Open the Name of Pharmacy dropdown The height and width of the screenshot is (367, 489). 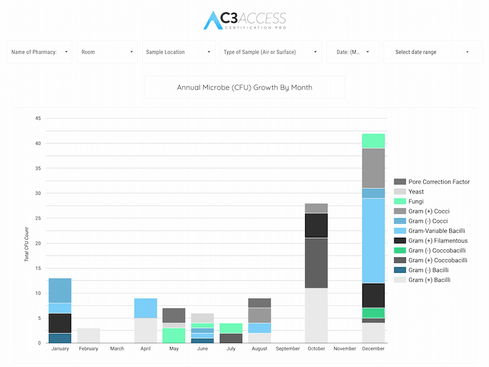click(x=40, y=52)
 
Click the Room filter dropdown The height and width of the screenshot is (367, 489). click(x=108, y=52)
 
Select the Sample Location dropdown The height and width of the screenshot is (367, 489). click(x=178, y=52)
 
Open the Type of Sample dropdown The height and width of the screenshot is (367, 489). click(x=271, y=52)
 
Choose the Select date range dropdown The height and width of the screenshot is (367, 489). click(x=433, y=52)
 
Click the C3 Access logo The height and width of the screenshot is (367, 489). click(x=245, y=20)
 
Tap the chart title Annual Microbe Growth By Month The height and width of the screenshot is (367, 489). click(x=244, y=87)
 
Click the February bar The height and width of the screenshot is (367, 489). click(x=89, y=335)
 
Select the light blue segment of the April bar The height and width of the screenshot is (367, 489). click(x=145, y=308)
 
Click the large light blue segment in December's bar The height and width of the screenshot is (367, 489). click(x=373, y=240)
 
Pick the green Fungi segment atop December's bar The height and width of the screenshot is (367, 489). click(x=373, y=141)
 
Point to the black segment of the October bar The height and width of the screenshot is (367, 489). click(x=316, y=225)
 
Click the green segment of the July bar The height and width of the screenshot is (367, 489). click(x=231, y=328)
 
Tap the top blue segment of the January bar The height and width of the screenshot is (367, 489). click(x=60, y=291)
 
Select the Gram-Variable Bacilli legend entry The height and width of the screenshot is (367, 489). click(x=430, y=231)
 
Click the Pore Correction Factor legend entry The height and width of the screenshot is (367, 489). click(x=432, y=182)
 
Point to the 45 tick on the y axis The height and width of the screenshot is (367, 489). click(x=38, y=118)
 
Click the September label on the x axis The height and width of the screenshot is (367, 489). click(x=288, y=349)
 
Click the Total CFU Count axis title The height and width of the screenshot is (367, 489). click(x=26, y=244)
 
